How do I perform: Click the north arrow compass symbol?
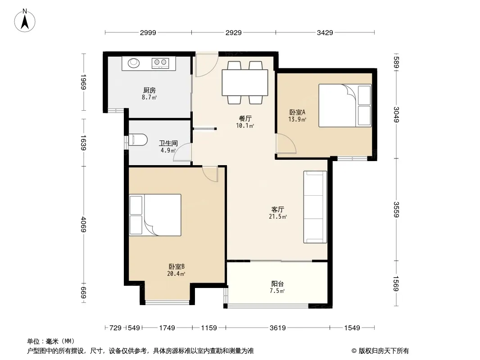coord(25,21)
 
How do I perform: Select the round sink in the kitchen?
coord(133,63)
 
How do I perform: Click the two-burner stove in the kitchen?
coord(160,63)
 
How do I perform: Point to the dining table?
coord(245,83)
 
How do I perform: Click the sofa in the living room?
coord(315,207)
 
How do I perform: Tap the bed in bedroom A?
coord(345,105)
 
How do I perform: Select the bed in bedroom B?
coord(155,215)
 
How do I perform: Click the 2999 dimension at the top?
coord(148,32)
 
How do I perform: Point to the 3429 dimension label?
coord(325,32)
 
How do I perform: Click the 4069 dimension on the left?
coord(84,225)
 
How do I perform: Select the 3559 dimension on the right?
coord(396,210)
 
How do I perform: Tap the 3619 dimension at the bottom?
coord(278,328)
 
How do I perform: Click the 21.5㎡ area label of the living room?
coord(278,216)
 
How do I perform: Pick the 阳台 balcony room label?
coord(277,284)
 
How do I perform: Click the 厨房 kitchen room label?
coord(149,90)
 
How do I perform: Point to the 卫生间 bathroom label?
coord(168,143)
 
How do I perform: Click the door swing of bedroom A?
coord(286,144)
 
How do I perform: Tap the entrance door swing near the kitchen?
coord(207,65)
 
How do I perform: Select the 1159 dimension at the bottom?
coord(209,328)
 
